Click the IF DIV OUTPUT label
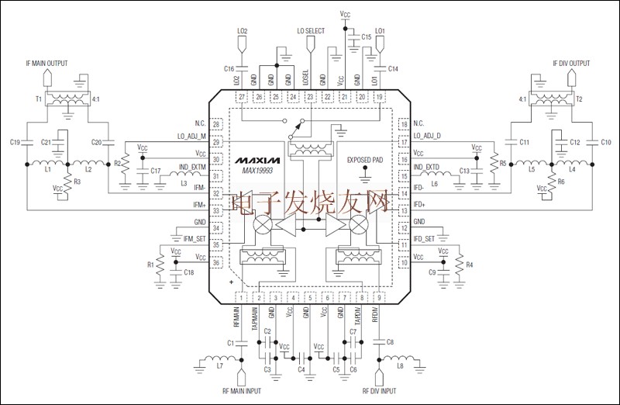pos(571,63)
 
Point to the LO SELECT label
pos(311,31)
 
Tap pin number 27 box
pos(242,96)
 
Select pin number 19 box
pos(379,96)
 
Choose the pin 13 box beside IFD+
pos(403,210)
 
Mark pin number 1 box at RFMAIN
pos(242,298)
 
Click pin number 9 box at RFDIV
pos(379,298)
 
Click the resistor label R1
pos(150,265)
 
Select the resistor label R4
pos(470,265)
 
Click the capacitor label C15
pos(367,36)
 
